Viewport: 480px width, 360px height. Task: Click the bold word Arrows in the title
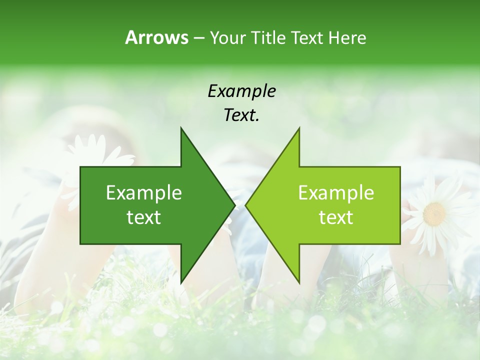[156, 37]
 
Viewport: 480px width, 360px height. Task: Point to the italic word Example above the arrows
[242, 91]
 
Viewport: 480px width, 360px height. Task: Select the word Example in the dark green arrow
[144, 193]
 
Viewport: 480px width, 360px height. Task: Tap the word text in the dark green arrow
[144, 217]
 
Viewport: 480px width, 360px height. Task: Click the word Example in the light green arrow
[336, 193]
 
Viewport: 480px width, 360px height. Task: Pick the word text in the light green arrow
[336, 217]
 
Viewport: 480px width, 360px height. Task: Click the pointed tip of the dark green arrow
[234, 205]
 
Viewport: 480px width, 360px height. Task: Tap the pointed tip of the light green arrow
[245, 205]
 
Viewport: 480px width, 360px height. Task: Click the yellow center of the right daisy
[434, 214]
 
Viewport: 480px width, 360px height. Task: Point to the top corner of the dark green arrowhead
[181, 128]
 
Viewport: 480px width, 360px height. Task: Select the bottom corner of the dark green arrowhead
[181, 283]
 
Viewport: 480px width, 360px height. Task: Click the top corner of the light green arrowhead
[299, 128]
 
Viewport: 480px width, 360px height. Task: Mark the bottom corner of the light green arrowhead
[299, 283]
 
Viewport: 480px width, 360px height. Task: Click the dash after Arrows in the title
[198, 38]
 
